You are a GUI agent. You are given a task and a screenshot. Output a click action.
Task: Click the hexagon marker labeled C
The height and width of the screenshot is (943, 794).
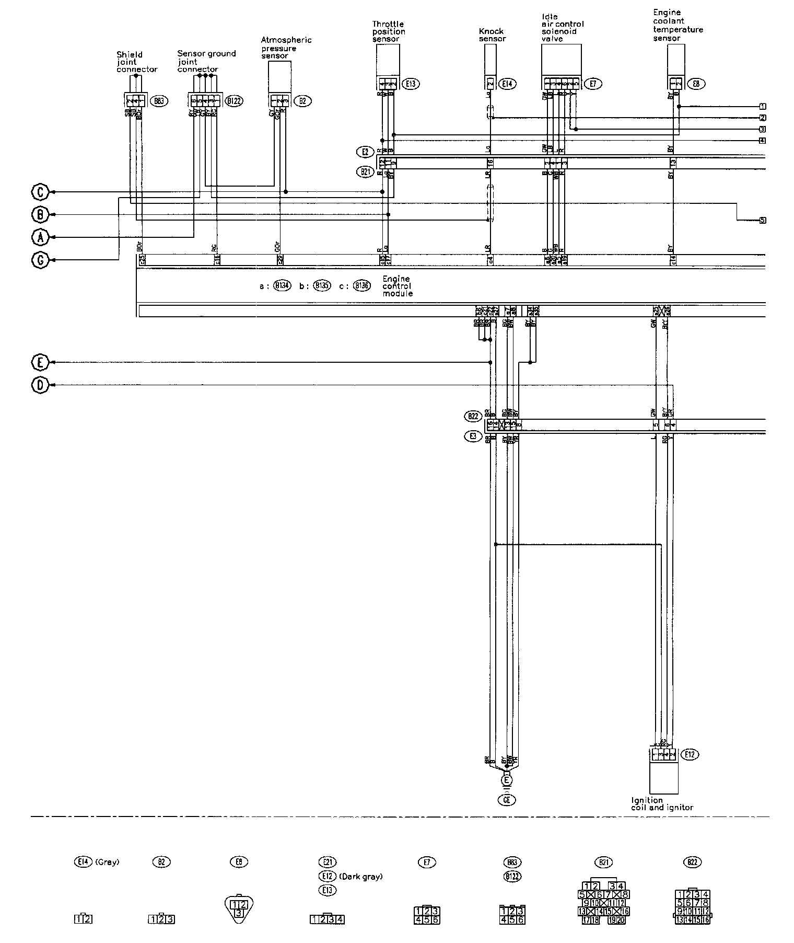pos(40,192)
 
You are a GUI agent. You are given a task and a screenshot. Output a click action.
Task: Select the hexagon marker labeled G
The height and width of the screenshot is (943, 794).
pos(40,260)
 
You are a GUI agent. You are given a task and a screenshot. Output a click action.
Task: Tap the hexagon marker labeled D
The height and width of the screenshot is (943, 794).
pos(40,385)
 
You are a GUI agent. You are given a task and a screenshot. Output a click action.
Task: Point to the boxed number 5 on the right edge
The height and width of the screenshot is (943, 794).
pos(763,220)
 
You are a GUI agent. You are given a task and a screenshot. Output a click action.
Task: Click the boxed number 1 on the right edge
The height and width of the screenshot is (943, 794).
pos(763,106)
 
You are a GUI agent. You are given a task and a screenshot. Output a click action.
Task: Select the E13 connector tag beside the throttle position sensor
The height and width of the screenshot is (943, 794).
pos(412,83)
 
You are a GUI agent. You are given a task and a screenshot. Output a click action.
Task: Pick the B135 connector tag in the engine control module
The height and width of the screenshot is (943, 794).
pos(322,286)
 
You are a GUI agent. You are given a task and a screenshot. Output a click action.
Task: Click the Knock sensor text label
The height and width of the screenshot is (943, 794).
pos(492,35)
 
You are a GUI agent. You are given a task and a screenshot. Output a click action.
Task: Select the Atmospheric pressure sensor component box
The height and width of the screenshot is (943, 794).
pos(279,77)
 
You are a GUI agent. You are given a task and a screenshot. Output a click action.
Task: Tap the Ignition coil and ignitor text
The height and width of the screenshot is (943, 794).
pos(662,803)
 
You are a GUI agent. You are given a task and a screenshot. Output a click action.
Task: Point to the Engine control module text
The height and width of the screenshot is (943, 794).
pos(398,286)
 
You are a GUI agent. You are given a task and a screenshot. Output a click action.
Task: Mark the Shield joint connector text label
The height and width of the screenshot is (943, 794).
pos(137,62)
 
